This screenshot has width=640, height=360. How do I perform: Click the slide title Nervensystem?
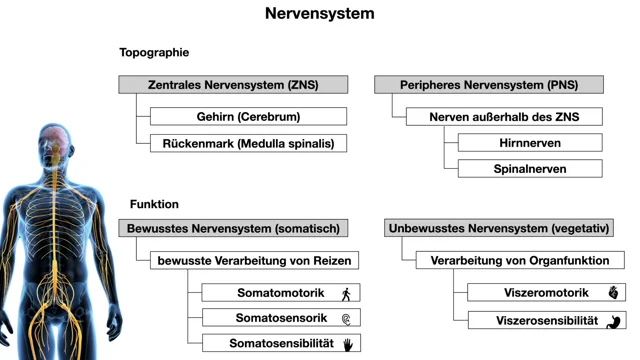(320, 13)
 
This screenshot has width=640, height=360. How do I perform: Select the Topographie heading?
(154, 53)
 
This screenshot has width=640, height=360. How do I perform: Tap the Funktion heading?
(154, 204)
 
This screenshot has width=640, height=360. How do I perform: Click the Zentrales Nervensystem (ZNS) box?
(233, 85)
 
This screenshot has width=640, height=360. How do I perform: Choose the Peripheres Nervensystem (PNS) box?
(489, 85)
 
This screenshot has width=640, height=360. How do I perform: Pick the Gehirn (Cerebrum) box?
(249, 117)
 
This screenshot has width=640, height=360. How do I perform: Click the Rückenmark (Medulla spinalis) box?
(249, 144)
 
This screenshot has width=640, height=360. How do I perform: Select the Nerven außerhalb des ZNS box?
(504, 117)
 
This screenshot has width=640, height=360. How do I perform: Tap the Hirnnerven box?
(530, 143)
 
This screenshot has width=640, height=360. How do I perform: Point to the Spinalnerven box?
(530, 169)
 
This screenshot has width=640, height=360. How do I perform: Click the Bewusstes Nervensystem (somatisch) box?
(233, 228)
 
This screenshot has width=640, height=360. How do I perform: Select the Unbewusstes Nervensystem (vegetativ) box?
(499, 228)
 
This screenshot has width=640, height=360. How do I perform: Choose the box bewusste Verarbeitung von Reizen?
(254, 260)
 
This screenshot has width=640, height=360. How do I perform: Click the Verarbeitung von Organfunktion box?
(520, 260)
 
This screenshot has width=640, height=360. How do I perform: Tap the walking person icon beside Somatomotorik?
(346, 294)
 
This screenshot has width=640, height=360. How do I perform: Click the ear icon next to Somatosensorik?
(346, 319)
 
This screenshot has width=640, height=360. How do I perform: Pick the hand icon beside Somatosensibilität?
(348, 345)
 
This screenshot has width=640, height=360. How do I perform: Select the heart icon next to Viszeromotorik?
(613, 292)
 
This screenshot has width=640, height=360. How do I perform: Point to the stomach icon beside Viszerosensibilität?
(613, 322)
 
